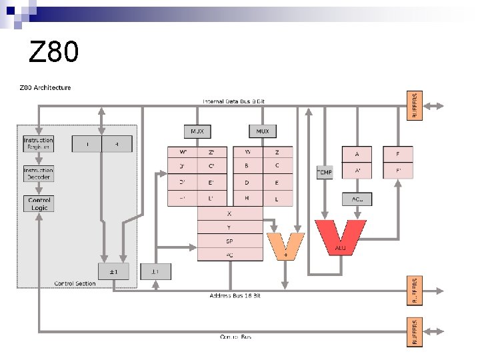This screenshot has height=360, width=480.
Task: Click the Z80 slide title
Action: click(x=54, y=51)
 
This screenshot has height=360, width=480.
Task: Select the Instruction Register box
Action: click(x=38, y=144)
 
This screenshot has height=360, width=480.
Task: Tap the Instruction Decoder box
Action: click(x=38, y=173)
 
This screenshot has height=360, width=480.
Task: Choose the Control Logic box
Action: click(x=38, y=203)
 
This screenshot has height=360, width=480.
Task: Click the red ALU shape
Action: click(x=340, y=237)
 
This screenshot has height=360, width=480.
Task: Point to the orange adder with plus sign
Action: click(x=285, y=244)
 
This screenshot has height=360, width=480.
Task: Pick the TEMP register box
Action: click(x=324, y=172)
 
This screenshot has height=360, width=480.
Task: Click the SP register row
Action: click(x=230, y=241)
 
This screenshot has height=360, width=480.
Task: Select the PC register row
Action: click(x=230, y=254)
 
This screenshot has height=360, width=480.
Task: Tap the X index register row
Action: click(x=230, y=214)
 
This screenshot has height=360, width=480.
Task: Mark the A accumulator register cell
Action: click(x=357, y=154)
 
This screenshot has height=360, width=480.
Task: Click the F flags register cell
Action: click(x=398, y=154)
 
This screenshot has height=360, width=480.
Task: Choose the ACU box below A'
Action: click(x=357, y=199)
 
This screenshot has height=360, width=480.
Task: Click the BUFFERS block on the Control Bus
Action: click(x=415, y=331)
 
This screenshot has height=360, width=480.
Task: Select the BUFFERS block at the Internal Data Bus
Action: click(x=415, y=105)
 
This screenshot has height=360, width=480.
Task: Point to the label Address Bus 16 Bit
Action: click(x=235, y=295)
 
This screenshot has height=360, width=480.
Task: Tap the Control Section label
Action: click(x=75, y=283)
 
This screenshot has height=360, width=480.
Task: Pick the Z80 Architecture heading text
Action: click(x=44, y=87)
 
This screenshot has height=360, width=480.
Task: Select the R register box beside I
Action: click(x=117, y=143)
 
